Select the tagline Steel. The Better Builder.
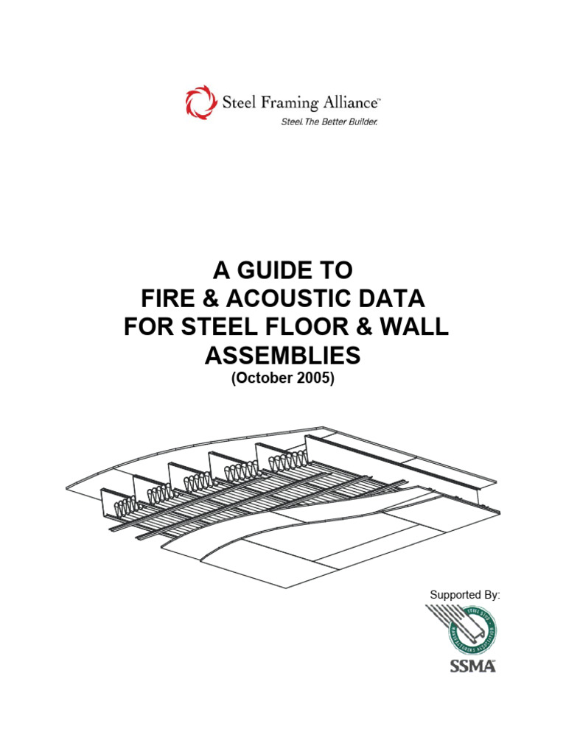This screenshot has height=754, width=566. [329, 121]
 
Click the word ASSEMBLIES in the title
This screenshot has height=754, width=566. [283, 356]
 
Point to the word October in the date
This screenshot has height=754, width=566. [270, 378]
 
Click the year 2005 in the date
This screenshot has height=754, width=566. [314, 378]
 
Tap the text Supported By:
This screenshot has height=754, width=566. [464, 594]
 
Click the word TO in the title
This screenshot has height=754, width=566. [334, 272]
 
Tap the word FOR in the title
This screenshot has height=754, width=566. [147, 328]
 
